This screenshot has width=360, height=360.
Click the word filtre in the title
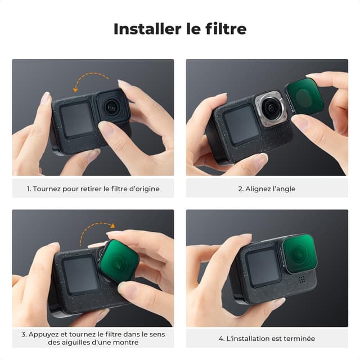[224, 29]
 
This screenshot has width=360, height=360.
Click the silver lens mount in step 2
[271, 108]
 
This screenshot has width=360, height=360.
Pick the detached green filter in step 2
[304, 96]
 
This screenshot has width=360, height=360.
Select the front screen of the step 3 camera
[79, 274]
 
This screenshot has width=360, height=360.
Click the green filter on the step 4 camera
[299, 254]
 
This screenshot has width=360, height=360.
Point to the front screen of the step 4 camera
[263, 267]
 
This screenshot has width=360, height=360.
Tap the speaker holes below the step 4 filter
[301, 279]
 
